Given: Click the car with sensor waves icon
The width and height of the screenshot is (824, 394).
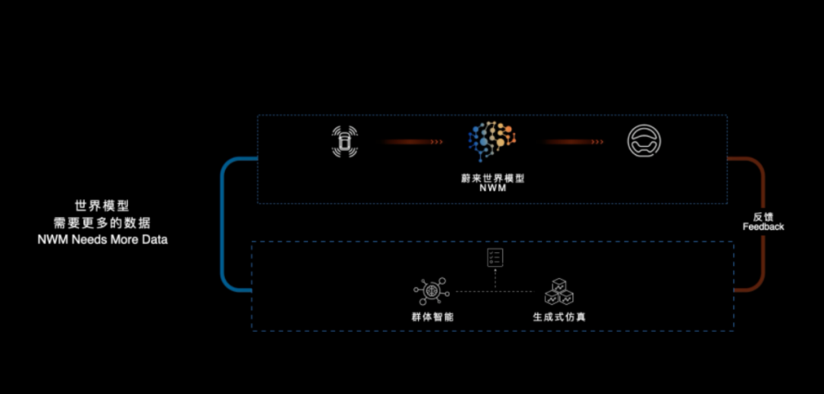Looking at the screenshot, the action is point(344,141).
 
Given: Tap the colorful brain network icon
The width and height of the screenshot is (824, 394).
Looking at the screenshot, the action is point(492,141).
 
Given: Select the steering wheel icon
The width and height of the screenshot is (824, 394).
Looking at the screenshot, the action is point(644,141).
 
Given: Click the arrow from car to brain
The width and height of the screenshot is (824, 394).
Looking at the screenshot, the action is point(413,142).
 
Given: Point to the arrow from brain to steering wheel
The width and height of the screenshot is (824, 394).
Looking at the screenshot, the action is point(573,142).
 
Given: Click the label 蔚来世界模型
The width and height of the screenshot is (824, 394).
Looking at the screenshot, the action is point(492,179).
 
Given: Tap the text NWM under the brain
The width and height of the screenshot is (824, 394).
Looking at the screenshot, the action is point(492,189).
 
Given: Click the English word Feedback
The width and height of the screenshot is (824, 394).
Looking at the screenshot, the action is point(763,227).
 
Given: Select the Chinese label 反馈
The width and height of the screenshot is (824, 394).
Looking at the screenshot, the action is point(763,218).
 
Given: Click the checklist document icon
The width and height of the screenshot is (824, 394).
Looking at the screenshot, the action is point(495,258).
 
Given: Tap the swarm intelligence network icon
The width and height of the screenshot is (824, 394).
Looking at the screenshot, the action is point(431,292).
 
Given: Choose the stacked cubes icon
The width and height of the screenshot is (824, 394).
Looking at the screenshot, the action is point(558,292).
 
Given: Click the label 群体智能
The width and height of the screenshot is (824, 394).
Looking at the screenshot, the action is point(432,317).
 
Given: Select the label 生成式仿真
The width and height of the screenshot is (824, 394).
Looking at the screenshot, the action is point(559,317).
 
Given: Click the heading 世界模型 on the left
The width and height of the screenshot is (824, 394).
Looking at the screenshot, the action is point(102,205).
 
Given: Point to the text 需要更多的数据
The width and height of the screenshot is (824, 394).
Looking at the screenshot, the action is point(102,222).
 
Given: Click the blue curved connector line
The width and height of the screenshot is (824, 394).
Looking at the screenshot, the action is point(222,224).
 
